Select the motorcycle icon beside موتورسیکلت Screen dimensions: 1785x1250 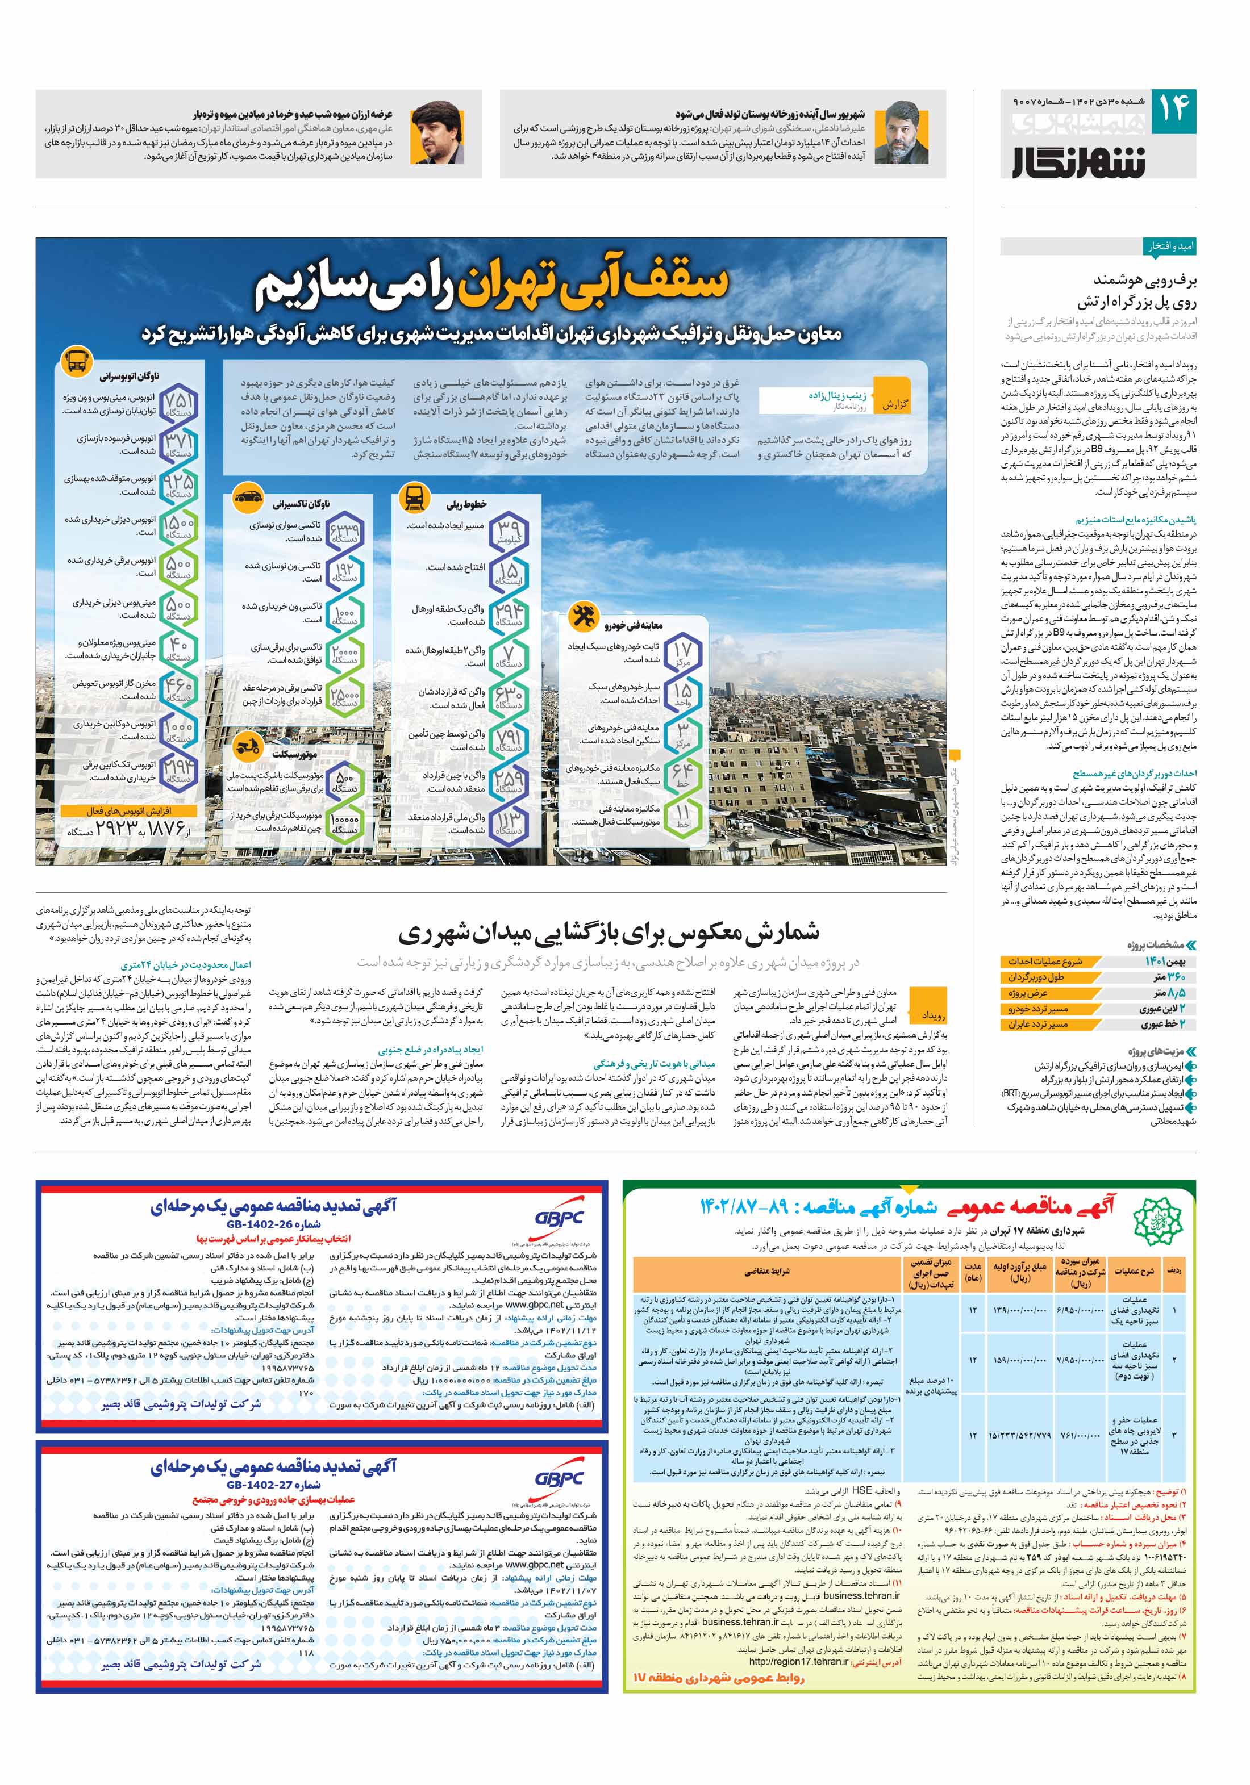coord(247,746)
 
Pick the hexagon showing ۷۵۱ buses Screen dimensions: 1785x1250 coord(178,403)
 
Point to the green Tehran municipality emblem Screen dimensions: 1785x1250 coord(1160,1223)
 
